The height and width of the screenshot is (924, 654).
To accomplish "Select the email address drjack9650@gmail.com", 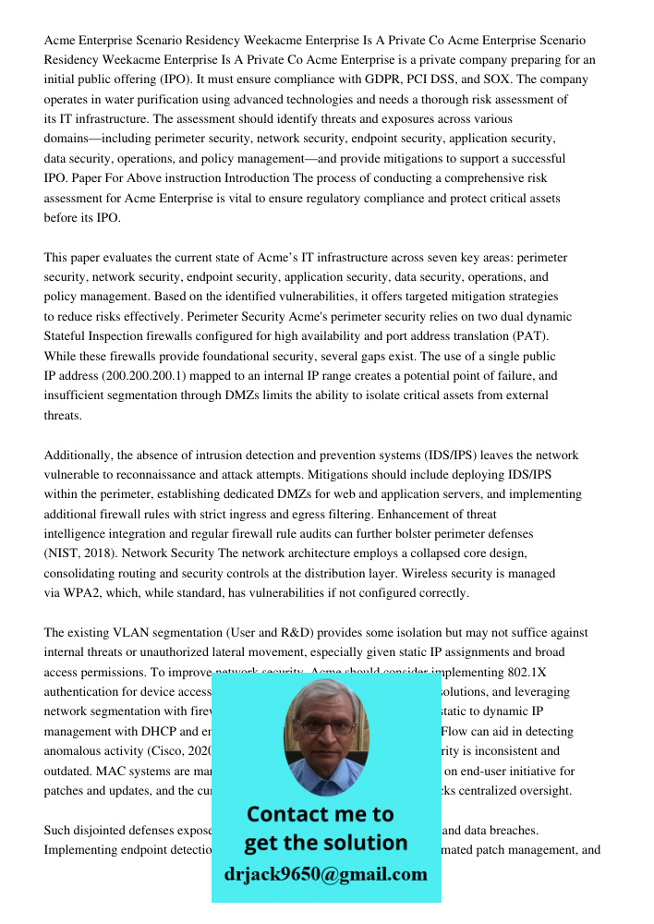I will tap(325, 873).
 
